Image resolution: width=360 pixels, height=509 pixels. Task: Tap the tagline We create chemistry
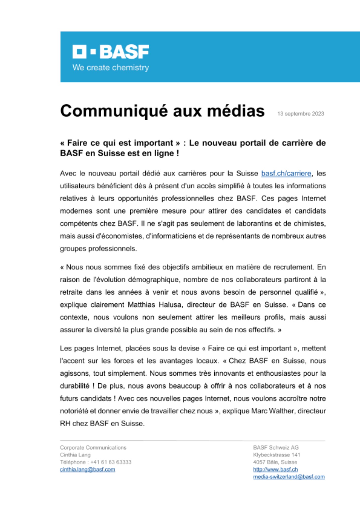pyautogui.click(x=110, y=68)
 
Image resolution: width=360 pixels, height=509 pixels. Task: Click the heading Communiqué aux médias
pyautogui.click(x=162, y=111)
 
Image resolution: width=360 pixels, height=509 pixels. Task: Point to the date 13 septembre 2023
pyautogui.click(x=300, y=114)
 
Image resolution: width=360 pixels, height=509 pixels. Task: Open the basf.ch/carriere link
pyautogui.click(x=286, y=174)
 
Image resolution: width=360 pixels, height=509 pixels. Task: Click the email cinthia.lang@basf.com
pyautogui.click(x=88, y=469)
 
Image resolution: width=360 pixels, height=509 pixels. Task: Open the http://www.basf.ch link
pyautogui.click(x=275, y=469)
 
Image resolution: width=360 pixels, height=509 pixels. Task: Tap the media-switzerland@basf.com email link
pyautogui.click(x=289, y=477)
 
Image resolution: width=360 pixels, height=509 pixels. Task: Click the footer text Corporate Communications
pyautogui.click(x=93, y=447)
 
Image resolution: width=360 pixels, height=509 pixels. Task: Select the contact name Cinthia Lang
pyautogui.click(x=75, y=455)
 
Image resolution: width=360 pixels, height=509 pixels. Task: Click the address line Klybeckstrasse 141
pyautogui.click(x=276, y=455)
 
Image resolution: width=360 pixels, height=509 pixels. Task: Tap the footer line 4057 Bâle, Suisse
pyautogui.click(x=275, y=462)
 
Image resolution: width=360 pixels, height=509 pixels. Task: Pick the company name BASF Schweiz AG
pyautogui.click(x=276, y=447)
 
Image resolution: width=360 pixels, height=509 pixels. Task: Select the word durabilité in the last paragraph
pyautogui.click(x=75, y=386)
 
